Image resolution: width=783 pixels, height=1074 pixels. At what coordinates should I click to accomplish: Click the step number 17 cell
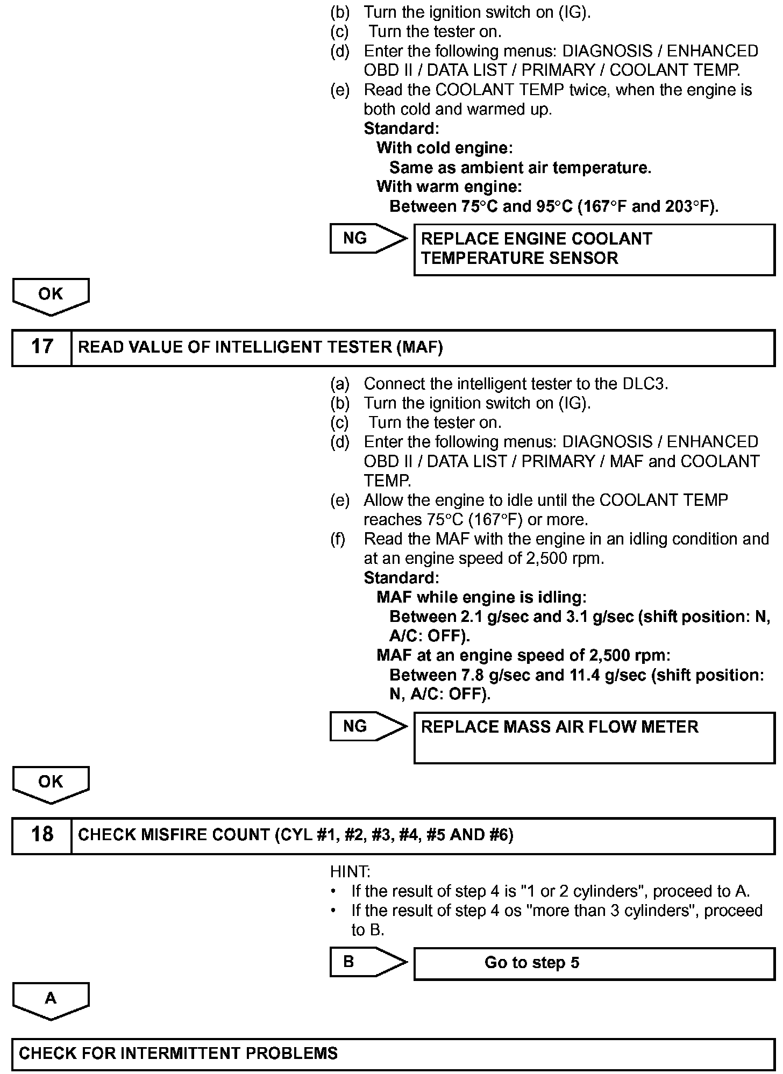coord(42,347)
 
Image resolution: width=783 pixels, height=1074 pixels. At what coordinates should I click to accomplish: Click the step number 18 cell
coord(42,835)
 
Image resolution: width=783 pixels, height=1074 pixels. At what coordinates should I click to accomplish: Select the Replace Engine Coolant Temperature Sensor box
coord(594,249)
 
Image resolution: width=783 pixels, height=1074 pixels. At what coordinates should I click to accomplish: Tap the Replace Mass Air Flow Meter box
coord(594,737)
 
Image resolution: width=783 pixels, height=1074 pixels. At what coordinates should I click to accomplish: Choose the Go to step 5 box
coord(594,963)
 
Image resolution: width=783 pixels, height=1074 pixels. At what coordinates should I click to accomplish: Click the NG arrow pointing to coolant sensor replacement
coord(368,238)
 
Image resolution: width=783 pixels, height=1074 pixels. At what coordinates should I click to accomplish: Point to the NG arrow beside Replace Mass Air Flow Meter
coord(368,726)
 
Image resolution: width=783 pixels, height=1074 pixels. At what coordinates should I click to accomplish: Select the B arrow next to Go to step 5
coord(368,962)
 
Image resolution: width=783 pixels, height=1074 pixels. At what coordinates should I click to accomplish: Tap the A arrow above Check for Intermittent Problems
coord(51,1000)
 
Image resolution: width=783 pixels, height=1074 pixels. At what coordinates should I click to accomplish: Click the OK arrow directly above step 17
coord(51,296)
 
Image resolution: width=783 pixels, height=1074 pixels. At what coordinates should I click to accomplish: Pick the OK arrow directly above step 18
coord(51,783)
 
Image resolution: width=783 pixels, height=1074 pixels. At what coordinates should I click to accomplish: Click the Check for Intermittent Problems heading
coord(179,1053)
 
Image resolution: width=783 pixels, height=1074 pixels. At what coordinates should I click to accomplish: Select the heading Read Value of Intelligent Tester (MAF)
coord(261,347)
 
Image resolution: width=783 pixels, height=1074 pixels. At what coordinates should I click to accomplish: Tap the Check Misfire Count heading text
coord(296,835)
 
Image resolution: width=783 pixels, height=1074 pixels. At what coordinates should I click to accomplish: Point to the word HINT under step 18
coord(350,871)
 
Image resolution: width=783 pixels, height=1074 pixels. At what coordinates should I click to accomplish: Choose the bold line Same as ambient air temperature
coord(520,168)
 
